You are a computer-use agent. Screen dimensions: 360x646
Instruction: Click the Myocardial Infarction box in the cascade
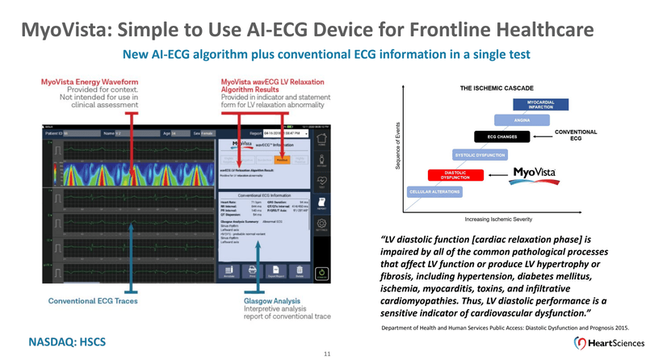[x=540, y=105]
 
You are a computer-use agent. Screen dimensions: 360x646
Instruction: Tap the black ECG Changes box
[x=502, y=136]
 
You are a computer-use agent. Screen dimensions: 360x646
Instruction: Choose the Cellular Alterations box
[x=436, y=191]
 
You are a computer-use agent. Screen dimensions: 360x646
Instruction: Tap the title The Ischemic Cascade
[x=494, y=87]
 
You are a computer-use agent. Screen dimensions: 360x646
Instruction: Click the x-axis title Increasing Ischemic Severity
[x=499, y=219]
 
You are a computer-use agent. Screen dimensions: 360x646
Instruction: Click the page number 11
[x=327, y=354]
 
